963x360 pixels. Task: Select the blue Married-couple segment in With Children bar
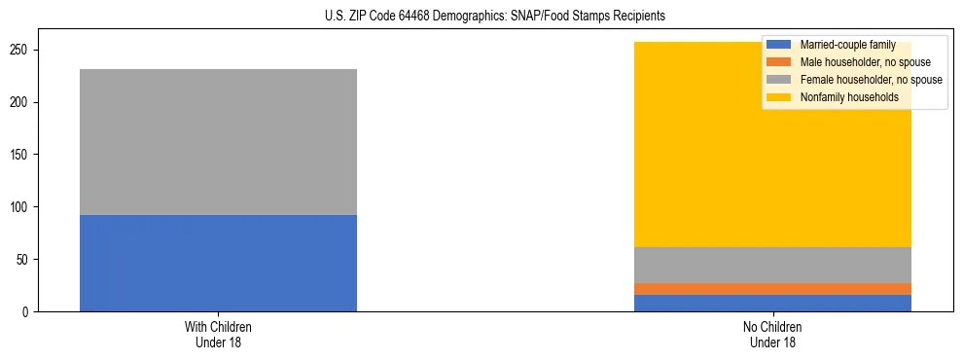(218, 263)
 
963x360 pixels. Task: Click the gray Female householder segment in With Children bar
(218, 142)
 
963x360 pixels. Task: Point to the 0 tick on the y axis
(26, 311)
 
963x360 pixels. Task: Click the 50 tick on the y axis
(23, 260)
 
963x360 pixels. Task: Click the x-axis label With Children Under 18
(218, 335)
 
